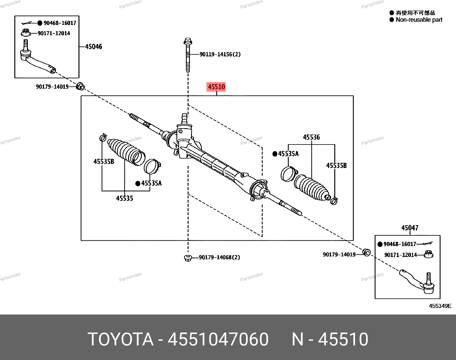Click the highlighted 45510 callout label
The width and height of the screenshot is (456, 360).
216,87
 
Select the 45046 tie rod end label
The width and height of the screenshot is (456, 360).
94,47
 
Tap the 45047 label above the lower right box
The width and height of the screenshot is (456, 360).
410,228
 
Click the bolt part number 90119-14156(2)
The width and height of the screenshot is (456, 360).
220,54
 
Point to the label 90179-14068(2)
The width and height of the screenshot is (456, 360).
219,257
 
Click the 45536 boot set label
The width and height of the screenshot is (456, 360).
311,137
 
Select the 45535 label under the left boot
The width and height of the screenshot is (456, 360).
125,198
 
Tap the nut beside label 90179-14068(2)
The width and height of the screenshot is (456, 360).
188,258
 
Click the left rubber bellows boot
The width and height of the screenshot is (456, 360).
125,151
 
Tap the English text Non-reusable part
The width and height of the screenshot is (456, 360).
419,20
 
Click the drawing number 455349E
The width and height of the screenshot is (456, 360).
440,306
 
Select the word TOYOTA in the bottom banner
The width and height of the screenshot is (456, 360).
121,339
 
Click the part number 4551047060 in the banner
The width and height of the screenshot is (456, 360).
218,339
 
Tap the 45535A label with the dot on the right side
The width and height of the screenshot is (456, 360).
288,154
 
